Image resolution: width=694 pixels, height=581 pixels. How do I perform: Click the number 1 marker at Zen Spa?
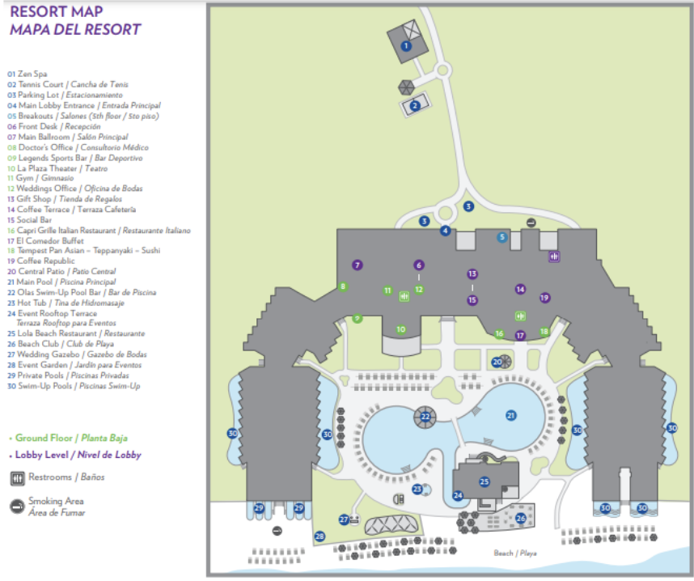coord(406,46)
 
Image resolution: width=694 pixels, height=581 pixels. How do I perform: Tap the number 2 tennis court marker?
coord(415,105)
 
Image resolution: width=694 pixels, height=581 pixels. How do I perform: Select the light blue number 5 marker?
coord(502,237)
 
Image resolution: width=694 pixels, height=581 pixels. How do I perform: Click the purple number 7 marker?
coord(357,265)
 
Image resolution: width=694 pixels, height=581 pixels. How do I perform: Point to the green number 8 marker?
coord(343,286)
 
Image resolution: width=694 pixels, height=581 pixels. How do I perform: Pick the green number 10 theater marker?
coord(401,329)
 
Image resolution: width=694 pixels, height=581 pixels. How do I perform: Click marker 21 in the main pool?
coord(510,415)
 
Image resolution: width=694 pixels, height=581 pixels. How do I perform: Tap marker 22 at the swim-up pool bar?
coord(425,418)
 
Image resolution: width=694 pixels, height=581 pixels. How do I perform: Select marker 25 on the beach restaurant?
coord(484,482)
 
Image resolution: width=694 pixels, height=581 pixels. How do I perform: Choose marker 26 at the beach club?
coord(521,518)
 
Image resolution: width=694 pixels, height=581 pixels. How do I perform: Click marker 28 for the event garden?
coord(319,536)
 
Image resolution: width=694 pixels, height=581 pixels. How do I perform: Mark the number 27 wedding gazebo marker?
coord(344,520)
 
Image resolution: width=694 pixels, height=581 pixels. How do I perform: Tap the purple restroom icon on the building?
coord(555,257)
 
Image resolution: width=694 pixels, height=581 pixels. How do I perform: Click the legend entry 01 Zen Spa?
coord(28,74)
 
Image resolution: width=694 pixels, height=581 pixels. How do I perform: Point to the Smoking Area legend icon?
coord(16,506)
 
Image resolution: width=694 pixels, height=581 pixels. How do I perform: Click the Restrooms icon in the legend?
coord(16,477)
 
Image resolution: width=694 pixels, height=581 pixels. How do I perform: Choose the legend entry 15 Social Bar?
coord(29,219)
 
